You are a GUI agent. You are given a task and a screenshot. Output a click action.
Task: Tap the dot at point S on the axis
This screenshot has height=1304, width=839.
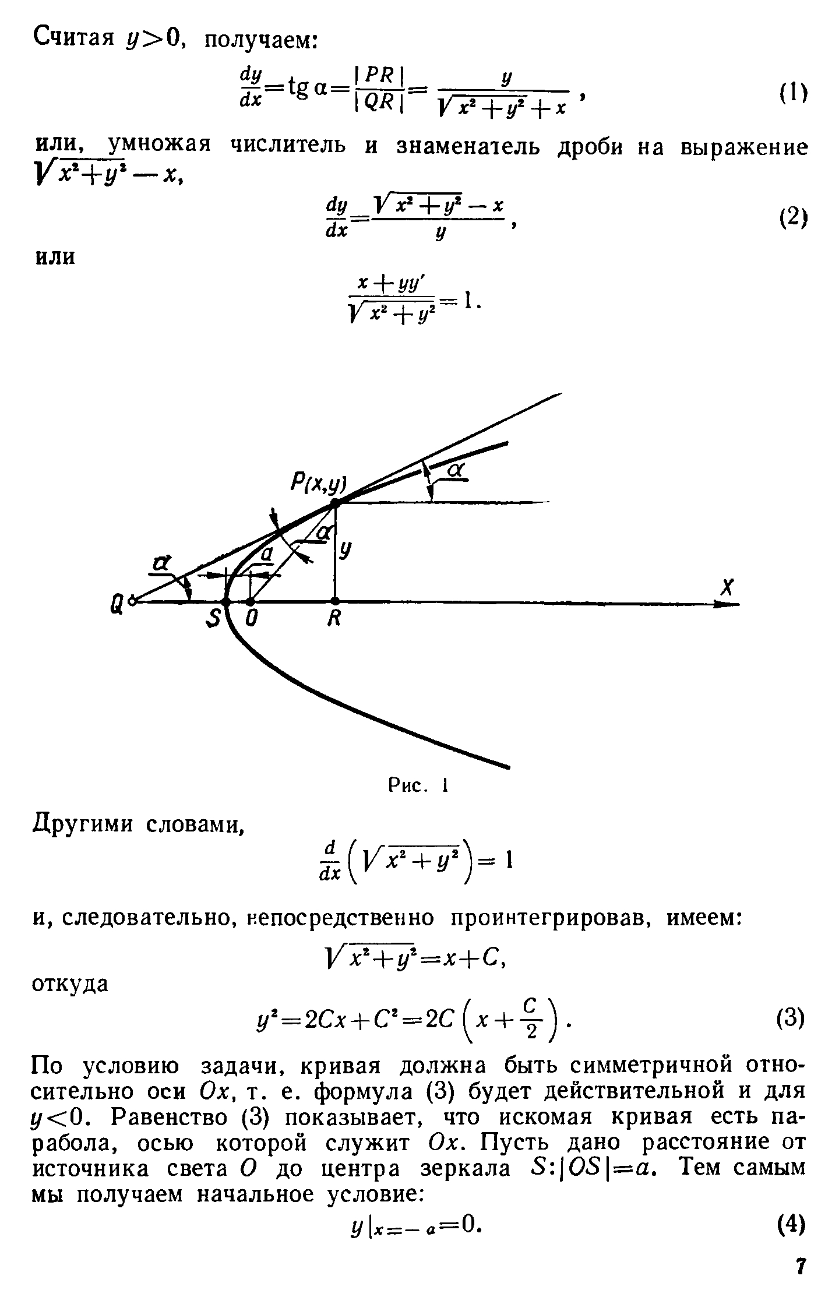[x=226, y=601]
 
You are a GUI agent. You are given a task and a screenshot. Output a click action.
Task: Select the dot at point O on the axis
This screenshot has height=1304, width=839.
[x=251, y=601]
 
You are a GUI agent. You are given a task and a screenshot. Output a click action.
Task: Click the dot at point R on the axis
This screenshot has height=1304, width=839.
[x=335, y=601]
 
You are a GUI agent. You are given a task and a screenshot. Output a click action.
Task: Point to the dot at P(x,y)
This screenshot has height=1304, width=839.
[x=335, y=502]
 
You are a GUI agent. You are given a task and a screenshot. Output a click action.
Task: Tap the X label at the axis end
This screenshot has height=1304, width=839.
[x=727, y=587]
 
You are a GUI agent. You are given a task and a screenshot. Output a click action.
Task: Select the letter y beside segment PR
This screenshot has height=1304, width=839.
[x=346, y=551]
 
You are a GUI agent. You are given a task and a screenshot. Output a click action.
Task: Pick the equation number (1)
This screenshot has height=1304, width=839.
[x=793, y=93]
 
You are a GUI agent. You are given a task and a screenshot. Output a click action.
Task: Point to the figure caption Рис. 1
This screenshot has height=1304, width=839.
[x=417, y=787]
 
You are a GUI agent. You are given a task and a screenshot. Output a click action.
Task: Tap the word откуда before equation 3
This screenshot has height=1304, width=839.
[x=70, y=984]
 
